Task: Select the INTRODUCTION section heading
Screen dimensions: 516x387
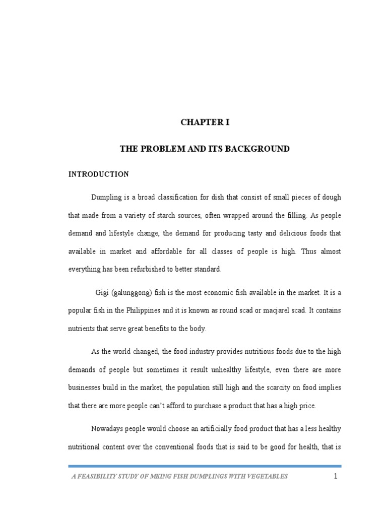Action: tap(99, 174)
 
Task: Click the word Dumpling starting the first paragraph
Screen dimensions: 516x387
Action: tap(106, 197)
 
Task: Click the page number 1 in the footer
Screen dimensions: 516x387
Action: tap(335, 477)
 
